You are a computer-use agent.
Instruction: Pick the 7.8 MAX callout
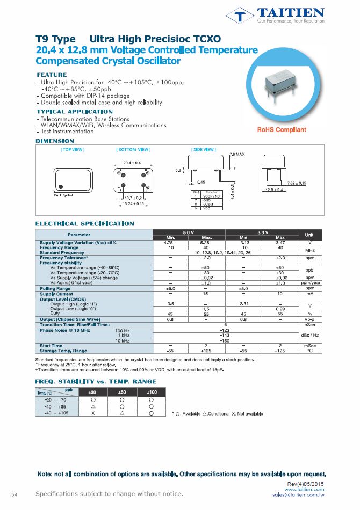pyautogui.click(x=237, y=155)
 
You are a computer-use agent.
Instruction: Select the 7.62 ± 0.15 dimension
pyautogui.click(x=297, y=183)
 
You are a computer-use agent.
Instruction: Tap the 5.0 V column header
pyautogui.click(x=189, y=232)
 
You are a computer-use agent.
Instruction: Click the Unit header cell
pyautogui.click(x=309, y=235)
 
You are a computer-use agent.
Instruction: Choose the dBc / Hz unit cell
pyautogui.click(x=309, y=335)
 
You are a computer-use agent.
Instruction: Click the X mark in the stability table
pyautogui.click(x=93, y=413)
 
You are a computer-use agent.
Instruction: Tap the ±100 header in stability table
pyautogui.click(x=152, y=392)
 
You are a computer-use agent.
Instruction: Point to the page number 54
pyautogui.click(x=15, y=494)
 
